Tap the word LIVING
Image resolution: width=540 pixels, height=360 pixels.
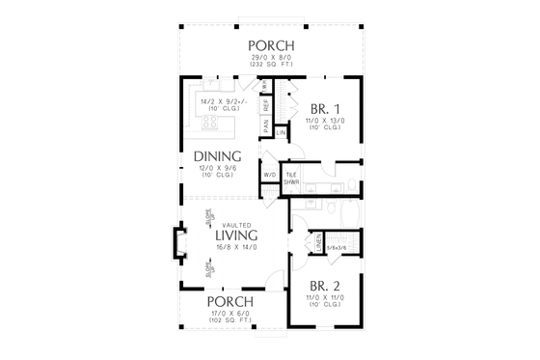click(235, 235)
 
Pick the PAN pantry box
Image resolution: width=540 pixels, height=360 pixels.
click(266, 125)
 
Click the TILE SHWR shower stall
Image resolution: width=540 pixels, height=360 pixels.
click(290, 179)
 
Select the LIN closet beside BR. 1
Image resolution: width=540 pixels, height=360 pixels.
click(281, 131)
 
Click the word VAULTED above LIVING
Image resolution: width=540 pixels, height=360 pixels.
click(235, 224)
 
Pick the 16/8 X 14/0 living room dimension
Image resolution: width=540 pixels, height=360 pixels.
click(235, 246)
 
